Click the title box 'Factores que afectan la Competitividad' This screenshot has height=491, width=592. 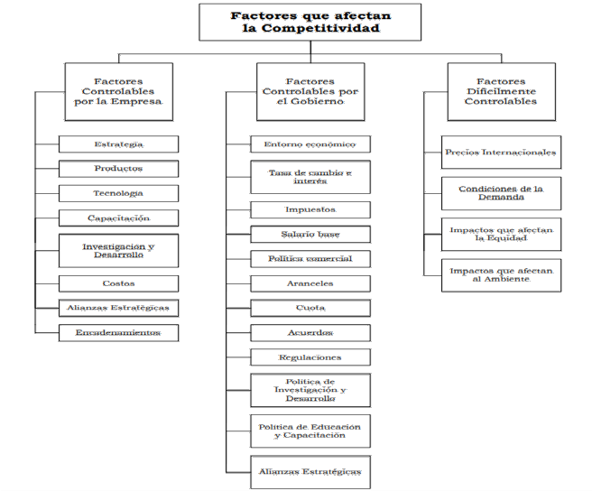coord(310,22)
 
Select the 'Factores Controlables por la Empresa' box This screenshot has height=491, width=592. coord(118,90)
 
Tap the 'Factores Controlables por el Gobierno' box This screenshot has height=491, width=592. coord(310,90)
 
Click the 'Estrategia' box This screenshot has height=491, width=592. coord(118,144)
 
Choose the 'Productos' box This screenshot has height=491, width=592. coord(118,168)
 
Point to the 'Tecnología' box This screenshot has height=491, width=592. coord(118,192)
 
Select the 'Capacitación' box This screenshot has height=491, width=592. coord(118,218)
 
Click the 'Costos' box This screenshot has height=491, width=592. coord(118,283)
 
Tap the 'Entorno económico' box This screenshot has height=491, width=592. coord(310,144)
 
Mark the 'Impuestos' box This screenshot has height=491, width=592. coord(310,209)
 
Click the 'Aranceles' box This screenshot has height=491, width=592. coord(310,283)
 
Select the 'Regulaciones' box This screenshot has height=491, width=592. coord(310,357)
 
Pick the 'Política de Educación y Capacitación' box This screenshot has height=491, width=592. coord(310,431)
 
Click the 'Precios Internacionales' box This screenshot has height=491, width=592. coord(501,152)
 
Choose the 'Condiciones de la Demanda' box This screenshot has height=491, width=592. coord(501,193)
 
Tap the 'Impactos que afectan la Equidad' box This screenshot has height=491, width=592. coord(501,234)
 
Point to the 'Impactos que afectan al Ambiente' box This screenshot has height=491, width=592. coord(501,274)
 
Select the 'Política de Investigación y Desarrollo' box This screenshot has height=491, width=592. coord(310,390)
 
